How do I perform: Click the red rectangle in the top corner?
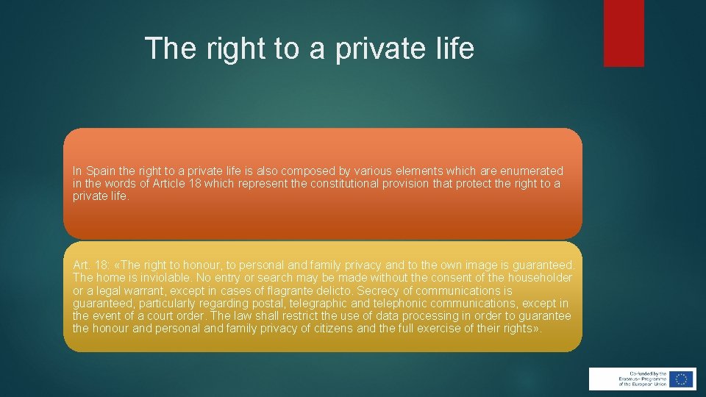tap(624, 33)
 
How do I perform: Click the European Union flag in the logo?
tap(681, 379)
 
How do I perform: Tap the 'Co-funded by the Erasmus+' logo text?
tap(633, 379)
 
